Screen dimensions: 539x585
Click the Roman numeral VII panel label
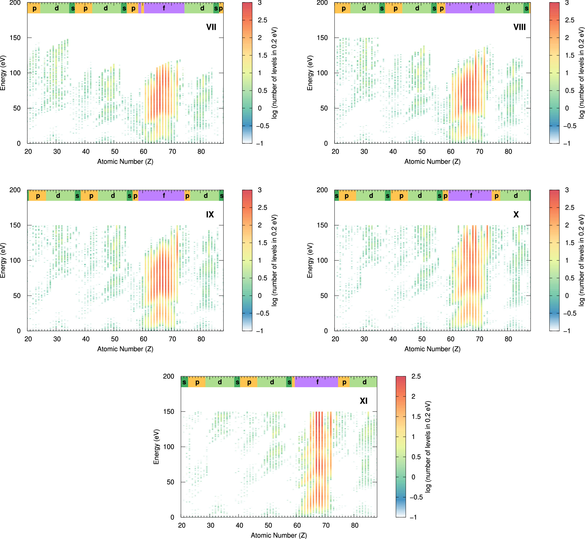211,27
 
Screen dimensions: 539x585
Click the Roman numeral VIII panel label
519,27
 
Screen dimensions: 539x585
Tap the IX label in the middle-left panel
210,215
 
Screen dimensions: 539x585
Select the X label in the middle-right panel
516,215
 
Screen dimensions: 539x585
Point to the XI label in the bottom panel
363,401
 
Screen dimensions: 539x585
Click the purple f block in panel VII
164,8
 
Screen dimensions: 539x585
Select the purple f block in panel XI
317,382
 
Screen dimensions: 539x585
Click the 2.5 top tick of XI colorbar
416,376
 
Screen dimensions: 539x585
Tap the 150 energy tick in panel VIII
322,38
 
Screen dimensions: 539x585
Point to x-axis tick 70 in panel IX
172,339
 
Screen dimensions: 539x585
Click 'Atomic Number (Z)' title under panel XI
279,535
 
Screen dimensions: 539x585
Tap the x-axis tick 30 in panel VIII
364,152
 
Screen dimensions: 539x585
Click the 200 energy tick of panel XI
168,376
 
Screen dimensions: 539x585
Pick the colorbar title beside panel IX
274,260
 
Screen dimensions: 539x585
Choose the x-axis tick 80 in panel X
508,339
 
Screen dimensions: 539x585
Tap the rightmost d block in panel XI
364,382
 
